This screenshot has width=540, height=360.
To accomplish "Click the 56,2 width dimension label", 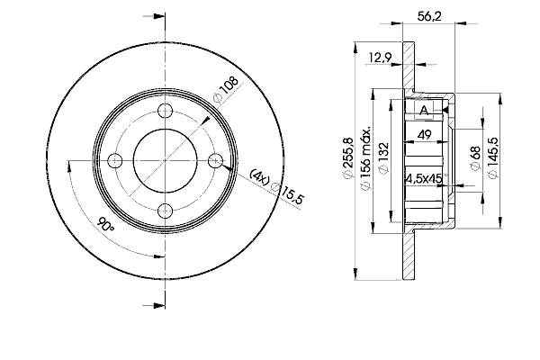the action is tap(429, 16).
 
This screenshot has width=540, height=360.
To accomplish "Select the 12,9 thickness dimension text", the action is tap(380, 58).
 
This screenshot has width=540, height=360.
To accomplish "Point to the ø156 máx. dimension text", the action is tap(365, 157).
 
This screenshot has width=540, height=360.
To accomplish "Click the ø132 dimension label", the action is tap(383, 158).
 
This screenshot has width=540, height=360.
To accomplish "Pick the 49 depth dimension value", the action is tap(424, 134).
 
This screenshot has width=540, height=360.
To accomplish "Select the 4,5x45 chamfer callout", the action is tap(424, 178).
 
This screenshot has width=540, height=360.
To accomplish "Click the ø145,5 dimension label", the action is tap(493, 157).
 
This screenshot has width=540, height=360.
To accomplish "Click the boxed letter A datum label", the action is tap(424, 111).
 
